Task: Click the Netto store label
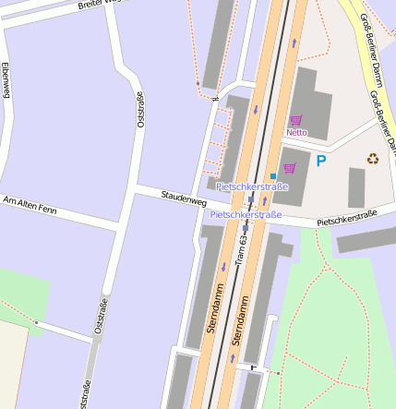click(296, 132)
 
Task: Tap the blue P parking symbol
click(321, 161)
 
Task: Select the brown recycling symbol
click(373, 159)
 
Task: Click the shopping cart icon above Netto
click(296, 120)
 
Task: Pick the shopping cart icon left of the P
click(290, 168)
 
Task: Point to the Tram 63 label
click(242, 249)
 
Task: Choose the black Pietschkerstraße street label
click(347, 219)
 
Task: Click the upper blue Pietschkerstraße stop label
click(252, 186)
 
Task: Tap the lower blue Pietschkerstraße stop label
click(246, 214)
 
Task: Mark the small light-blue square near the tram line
click(273, 175)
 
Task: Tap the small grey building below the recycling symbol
click(356, 187)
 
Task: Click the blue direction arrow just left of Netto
click(256, 110)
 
